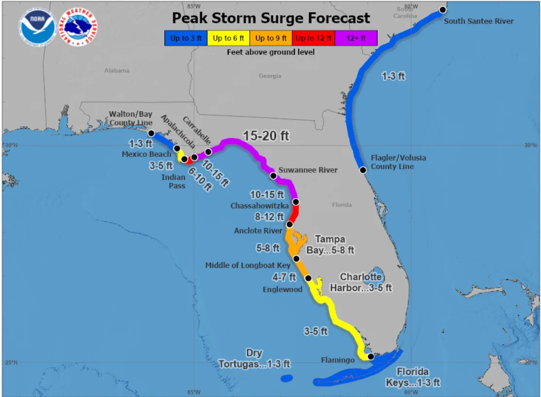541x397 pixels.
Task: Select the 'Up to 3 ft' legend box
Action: tap(186, 38)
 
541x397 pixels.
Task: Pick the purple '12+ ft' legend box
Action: tap(356, 38)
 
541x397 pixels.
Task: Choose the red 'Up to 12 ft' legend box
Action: tap(314, 38)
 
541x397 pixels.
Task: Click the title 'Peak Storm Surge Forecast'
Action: tap(271, 18)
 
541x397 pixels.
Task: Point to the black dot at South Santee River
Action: tap(443, 10)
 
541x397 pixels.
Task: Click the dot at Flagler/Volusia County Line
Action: tap(363, 170)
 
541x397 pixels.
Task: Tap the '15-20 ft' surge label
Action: tap(266, 136)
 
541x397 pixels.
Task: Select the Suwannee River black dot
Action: tap(273, 175)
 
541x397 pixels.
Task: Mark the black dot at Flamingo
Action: tap(371, 357)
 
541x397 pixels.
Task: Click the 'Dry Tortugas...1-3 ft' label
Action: tap(254, 359)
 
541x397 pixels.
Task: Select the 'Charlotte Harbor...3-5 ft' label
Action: tap(361, 282)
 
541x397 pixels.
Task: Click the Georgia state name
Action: tap(270, 76)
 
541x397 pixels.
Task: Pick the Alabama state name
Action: tap(117, 70)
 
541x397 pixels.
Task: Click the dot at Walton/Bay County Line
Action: tap(151, 133)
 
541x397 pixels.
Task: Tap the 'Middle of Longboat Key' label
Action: tap(247, 265)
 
